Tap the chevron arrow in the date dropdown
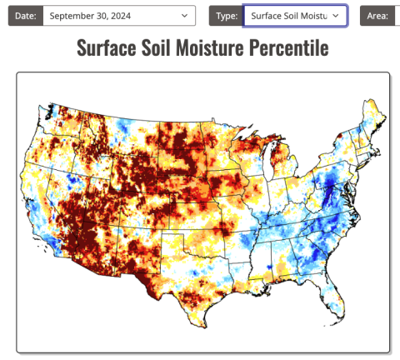(184, 16)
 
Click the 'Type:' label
(225, 16)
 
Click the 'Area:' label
(379, 16)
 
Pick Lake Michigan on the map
(266, 163)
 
